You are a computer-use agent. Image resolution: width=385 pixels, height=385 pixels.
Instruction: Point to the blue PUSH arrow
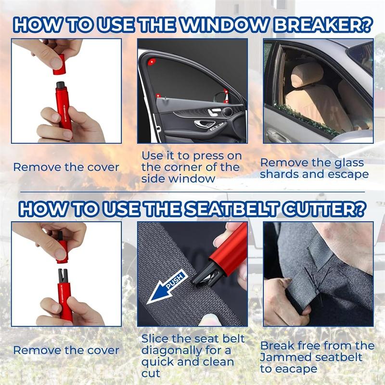[x=166, y=289]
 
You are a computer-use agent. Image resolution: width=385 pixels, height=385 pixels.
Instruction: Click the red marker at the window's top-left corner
[x=152, y=62]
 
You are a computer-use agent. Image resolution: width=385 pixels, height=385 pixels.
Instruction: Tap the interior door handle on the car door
[x=203, y=124]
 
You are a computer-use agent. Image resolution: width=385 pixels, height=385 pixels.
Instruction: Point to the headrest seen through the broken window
[x=307, y=74]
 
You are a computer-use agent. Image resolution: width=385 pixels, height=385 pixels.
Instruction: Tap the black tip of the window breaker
[x=61, y=86]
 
